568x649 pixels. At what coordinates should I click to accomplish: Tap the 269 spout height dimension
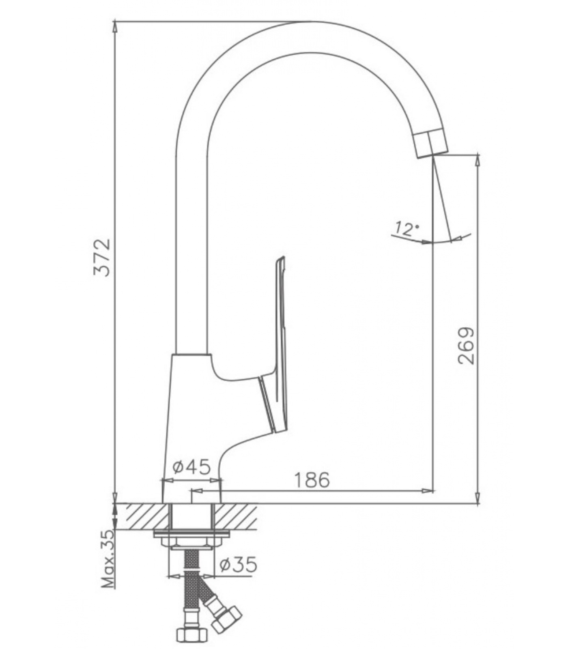click(466, 345)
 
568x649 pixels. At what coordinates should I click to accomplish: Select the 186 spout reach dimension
click(312, 480)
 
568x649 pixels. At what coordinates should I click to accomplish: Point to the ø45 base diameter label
click(191, 467)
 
